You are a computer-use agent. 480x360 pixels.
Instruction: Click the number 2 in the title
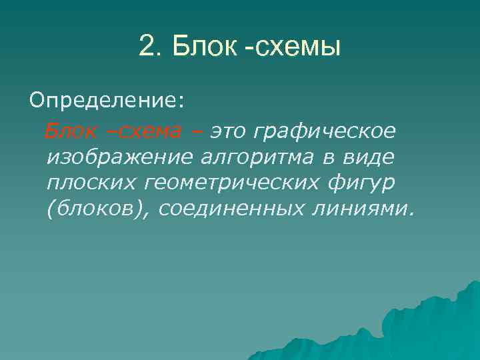(x=147, y=47)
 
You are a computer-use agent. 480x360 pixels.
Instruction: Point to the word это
(x=229, y=131)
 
